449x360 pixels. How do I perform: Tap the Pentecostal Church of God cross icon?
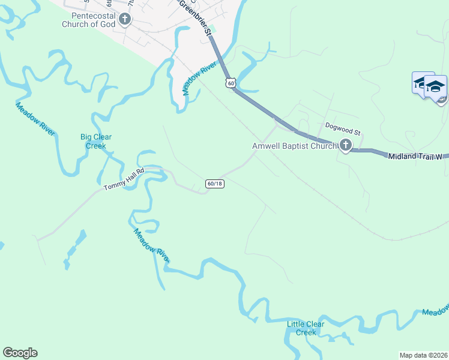coord(125,19)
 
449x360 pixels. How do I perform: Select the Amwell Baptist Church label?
coord(294,145)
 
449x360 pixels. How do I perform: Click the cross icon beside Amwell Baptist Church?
coord(345,145)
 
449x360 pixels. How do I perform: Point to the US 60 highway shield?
coord(231,83)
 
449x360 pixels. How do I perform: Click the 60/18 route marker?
coord(214,183)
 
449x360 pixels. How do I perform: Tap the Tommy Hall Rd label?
coord(124,179)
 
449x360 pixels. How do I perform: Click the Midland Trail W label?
coord(415,157)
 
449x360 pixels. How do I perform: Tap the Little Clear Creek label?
coord(306,328)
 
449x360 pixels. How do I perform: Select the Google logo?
coord(20,353)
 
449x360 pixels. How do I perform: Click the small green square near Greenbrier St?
coord(212,29)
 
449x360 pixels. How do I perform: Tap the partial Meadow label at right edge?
coord(435,311)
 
